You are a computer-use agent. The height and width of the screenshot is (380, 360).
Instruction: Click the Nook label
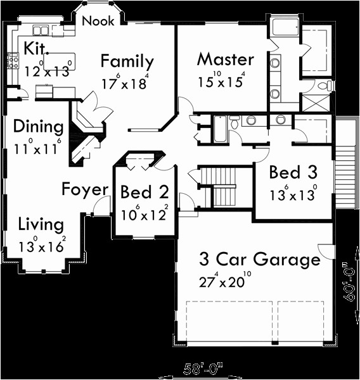point(99,21)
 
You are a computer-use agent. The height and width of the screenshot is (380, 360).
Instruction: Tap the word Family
point(127,62)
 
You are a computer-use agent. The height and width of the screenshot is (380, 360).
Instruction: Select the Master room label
point(225,60)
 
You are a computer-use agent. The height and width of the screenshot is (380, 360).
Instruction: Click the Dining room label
point(38,126)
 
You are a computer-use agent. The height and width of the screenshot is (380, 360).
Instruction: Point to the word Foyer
point(85,189)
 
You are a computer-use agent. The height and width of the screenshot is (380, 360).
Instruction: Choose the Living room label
point(41,224)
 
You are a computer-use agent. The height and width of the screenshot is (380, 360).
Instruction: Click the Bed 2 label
point(144,192)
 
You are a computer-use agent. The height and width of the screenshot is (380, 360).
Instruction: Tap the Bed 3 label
point(293,172)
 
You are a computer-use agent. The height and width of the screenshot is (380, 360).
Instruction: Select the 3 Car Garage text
point(259,259)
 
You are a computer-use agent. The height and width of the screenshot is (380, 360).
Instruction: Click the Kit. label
point(34,49)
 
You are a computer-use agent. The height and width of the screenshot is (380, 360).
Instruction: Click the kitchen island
point(60,60)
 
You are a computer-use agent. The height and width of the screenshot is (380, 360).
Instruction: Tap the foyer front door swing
point(102,206)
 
